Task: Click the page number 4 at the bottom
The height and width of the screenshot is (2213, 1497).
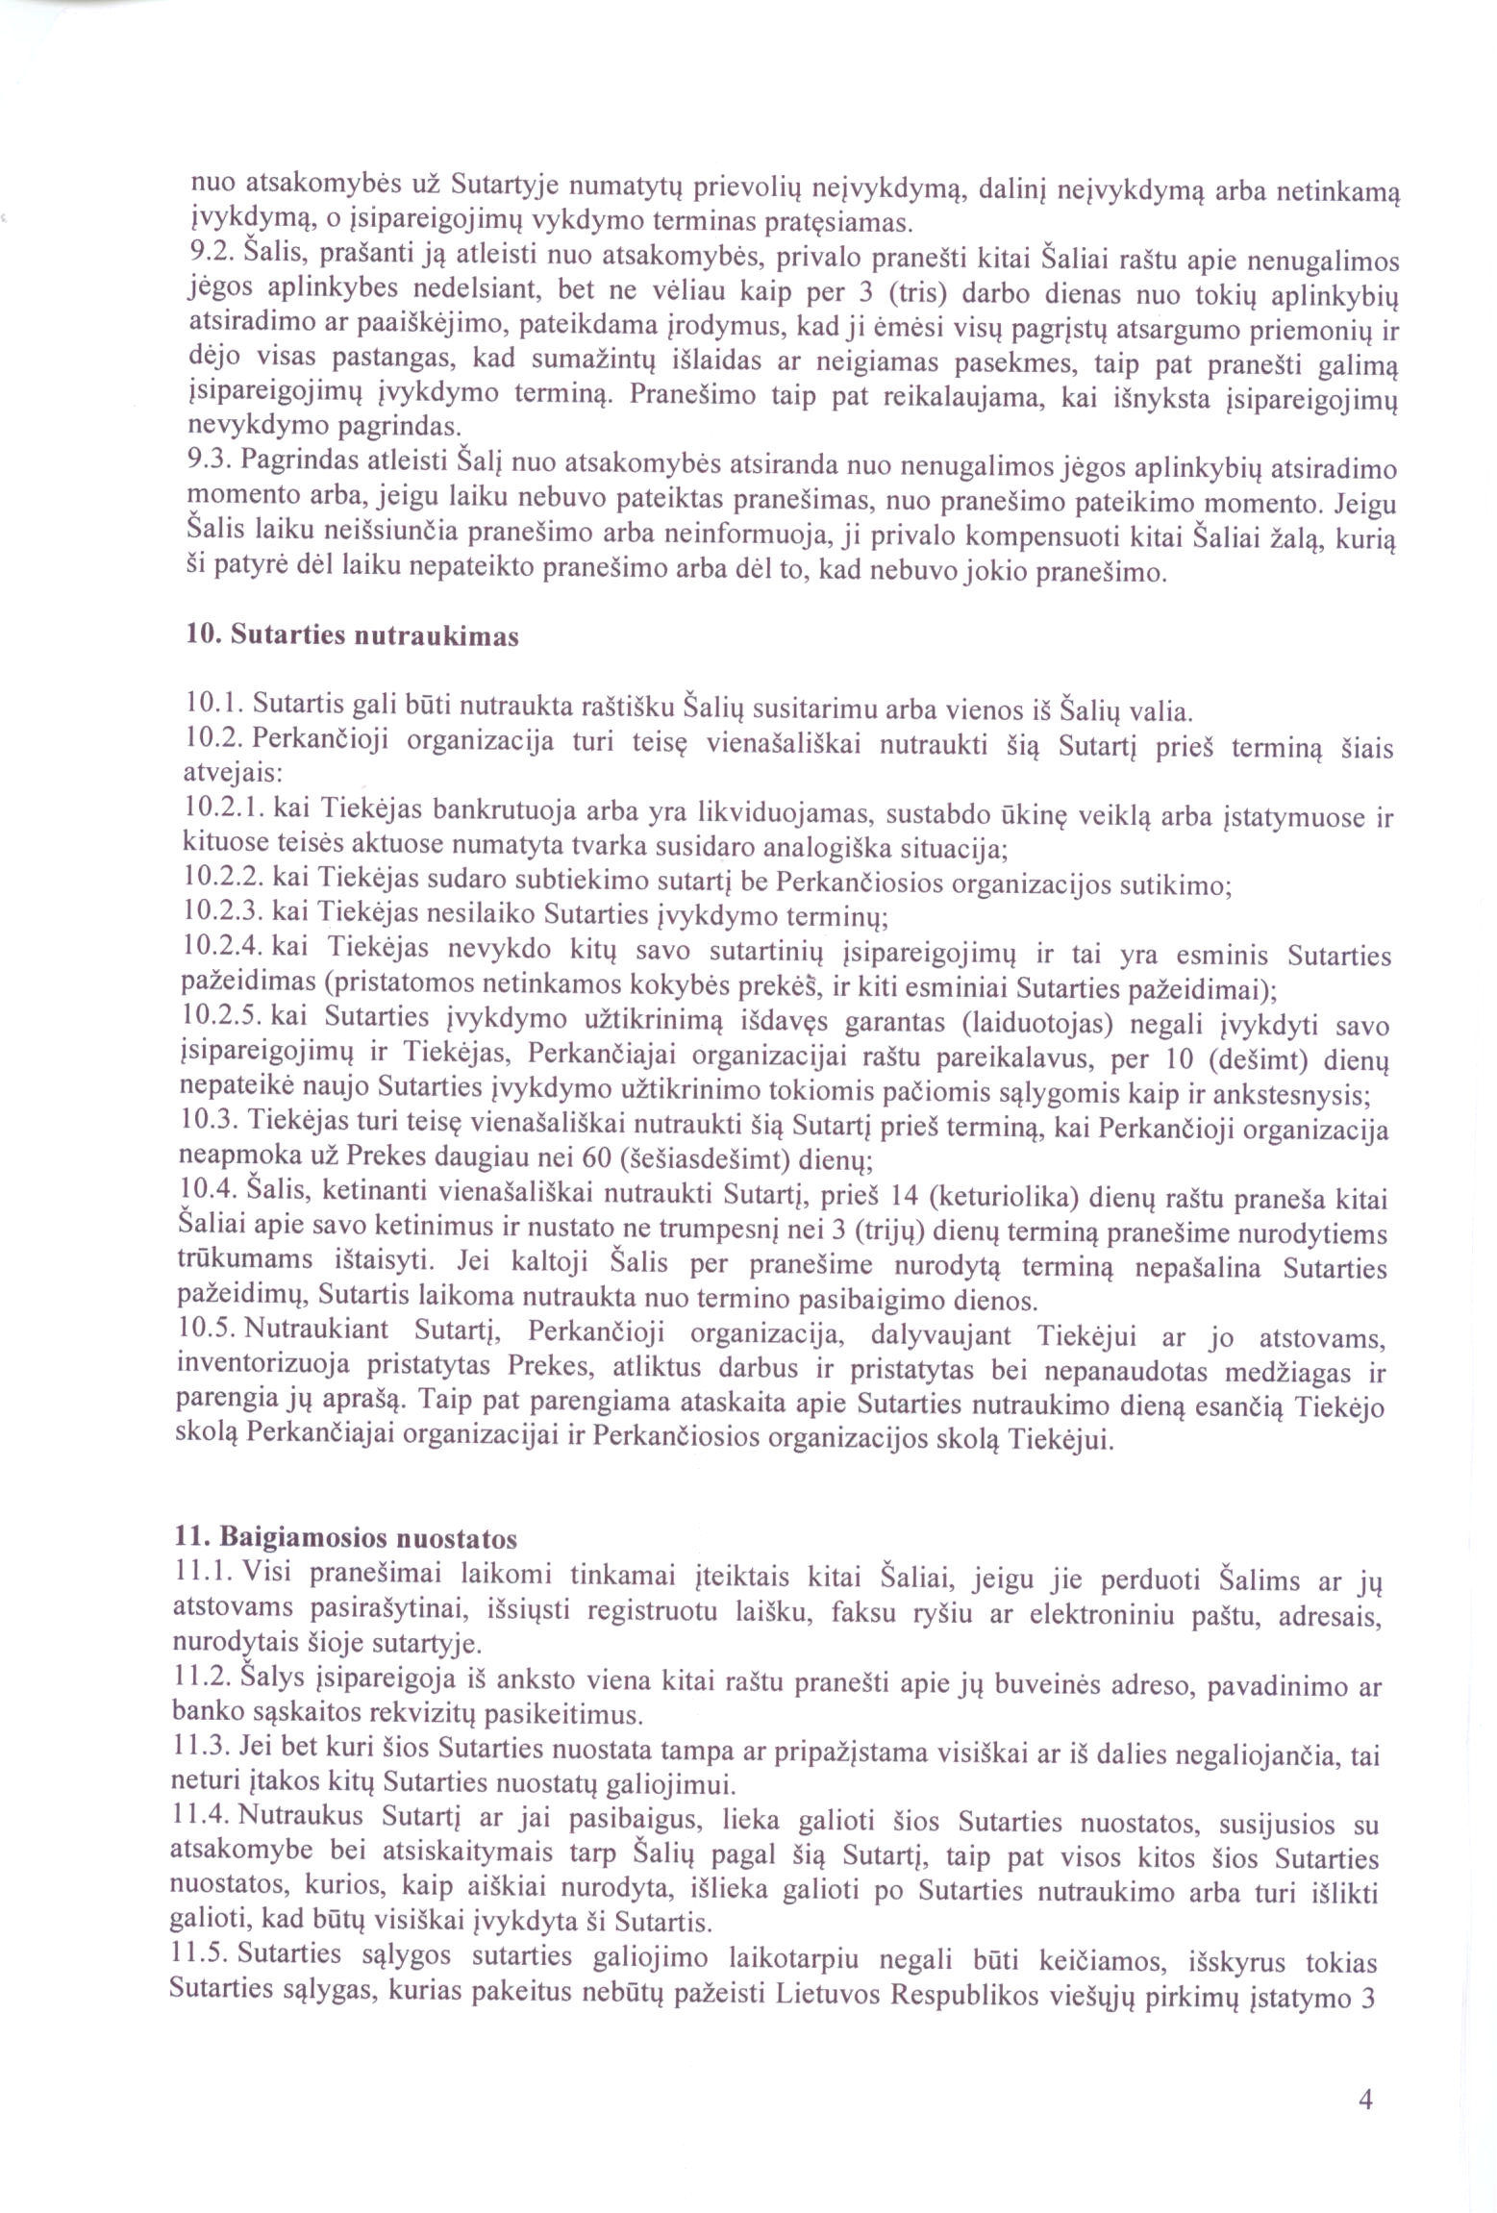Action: click(x=1364, y=2101)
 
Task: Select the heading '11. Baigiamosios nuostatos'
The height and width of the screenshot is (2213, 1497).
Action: click(x=343, y=1538)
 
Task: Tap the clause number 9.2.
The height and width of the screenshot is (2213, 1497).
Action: click(x=208, y=254)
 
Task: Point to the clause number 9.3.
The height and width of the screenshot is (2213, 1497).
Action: click(x=207, y=461)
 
